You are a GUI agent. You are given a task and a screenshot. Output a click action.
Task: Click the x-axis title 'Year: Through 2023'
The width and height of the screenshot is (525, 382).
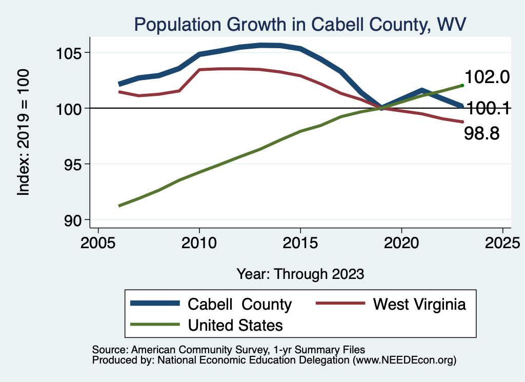pyautogui.click(x=300, y=274)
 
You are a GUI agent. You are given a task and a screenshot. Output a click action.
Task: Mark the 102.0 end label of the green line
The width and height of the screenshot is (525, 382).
pyautogui.click(x=487, y=77)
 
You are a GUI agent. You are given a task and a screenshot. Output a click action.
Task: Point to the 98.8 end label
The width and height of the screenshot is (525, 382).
pyautogui.click(x=482, y=134)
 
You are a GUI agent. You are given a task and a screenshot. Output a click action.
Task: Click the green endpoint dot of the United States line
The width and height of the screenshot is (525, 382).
pyautogui.click(x=462, y=85)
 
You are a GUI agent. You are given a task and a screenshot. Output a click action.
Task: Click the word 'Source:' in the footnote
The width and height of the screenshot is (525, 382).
pyautogui.click(x=107, y=350)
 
